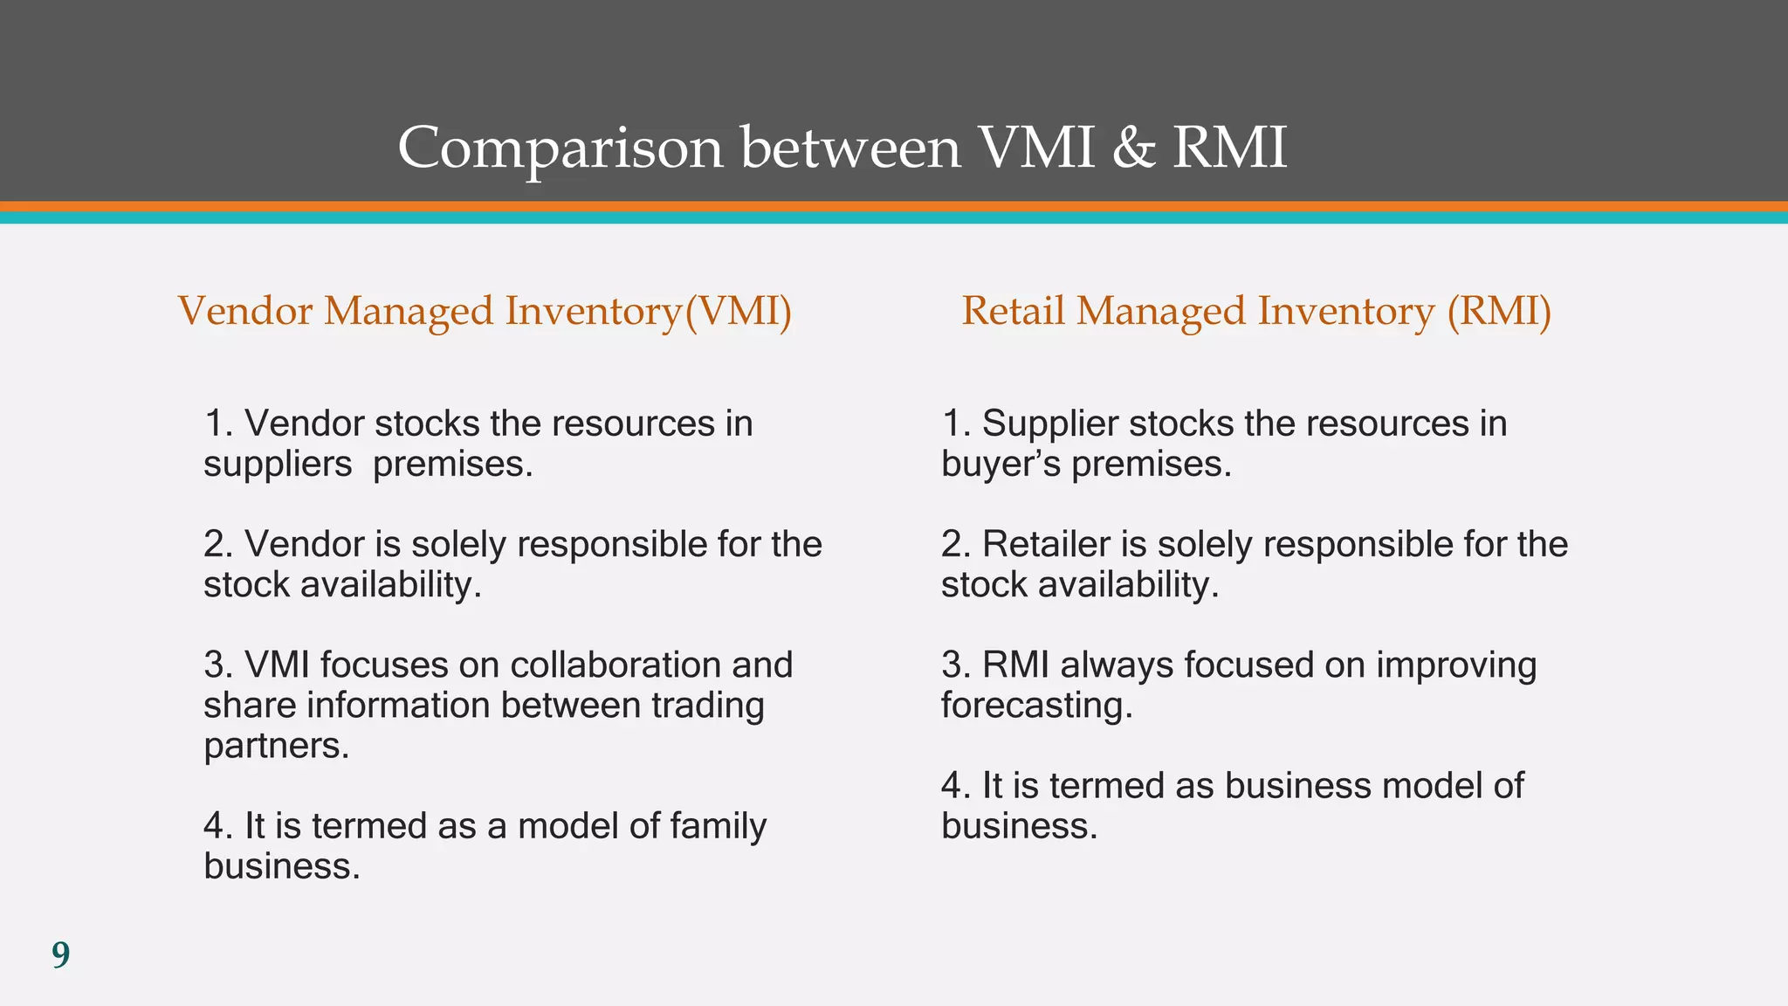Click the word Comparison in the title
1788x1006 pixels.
pos(560,148)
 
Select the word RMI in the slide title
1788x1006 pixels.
pos(1229,148)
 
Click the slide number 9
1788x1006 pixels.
pos(60,955)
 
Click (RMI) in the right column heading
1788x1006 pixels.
pos(1499,312)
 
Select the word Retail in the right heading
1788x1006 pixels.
pos(1013,312)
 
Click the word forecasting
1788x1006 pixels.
pos(1036,706)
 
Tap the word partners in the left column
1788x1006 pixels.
pos(276,746)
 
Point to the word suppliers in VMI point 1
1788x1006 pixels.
pos(278,465)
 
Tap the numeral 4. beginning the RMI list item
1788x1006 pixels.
pos(955,786)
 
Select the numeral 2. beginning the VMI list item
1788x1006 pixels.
pos(217,545)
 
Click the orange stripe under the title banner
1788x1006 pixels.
pos(894,207)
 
